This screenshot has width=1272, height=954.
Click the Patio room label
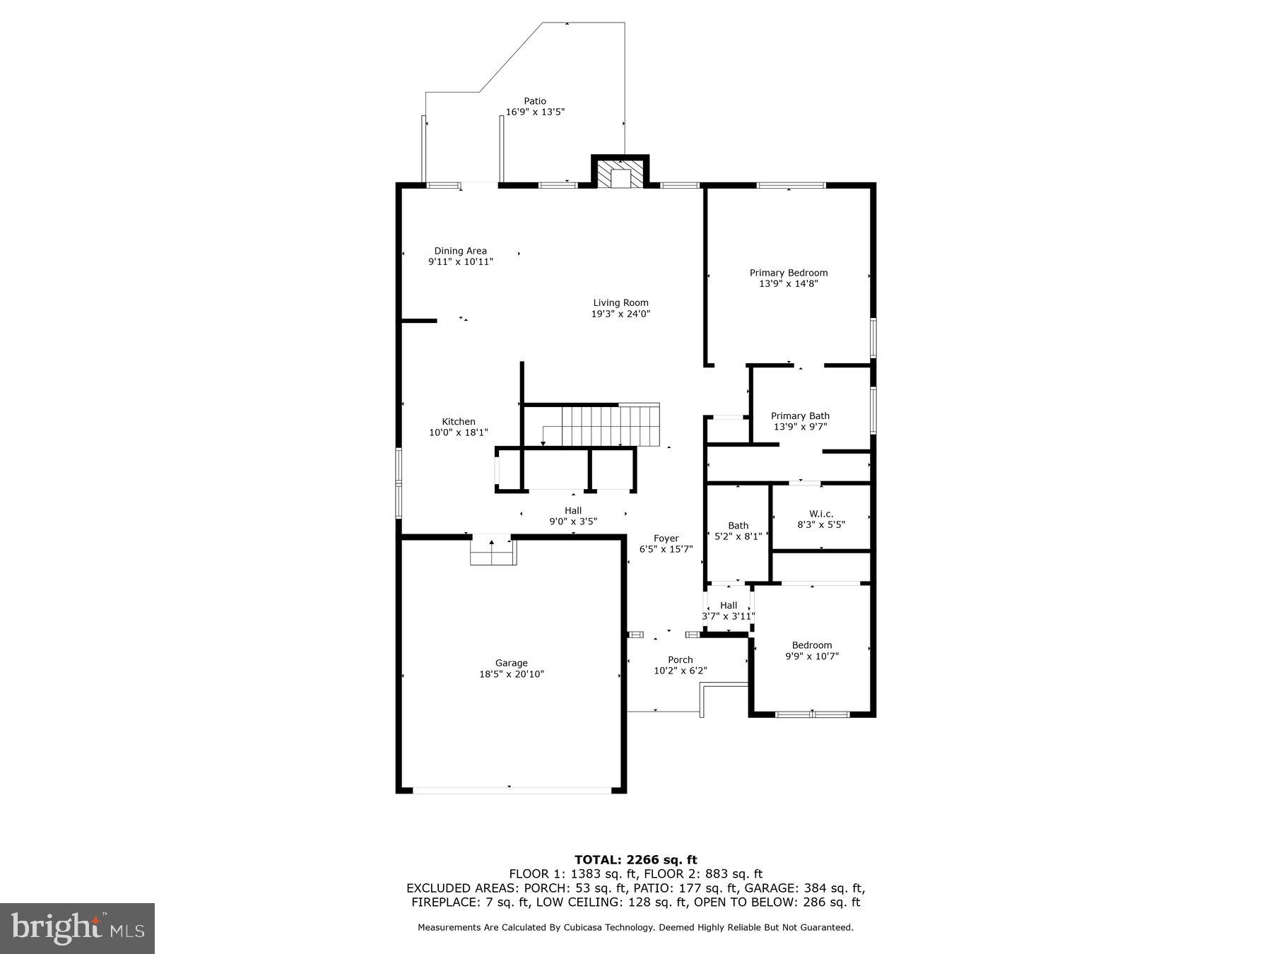[x=534, y=101]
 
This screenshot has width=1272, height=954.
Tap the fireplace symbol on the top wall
[x=620, y=174]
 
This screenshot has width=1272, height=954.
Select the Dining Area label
[x=460, y=251]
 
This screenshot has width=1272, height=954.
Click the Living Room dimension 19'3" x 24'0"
[x=620, y=314]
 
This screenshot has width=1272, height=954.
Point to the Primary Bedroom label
[x=788, y=273]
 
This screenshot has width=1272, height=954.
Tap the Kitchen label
[x=459, y=422]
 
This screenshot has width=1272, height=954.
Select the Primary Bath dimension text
[x=800, y=427]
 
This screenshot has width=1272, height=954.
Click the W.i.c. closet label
[x=821, y=514]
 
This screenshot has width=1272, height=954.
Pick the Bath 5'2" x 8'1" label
[x=738, y=531]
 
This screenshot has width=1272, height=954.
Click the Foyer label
[x=666, y=538]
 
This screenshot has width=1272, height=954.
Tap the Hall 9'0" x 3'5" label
[x=573, y=516]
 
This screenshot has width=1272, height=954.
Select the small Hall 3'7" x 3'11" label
[x=729, y=611]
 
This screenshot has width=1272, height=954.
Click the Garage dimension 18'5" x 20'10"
[x=511, y=674]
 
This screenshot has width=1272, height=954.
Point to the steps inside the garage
[x=493, y=553]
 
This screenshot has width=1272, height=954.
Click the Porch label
[x=680, y=660]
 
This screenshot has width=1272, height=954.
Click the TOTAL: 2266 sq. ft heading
[x=635, y=859]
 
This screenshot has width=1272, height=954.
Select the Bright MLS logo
[x=78, y=928]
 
